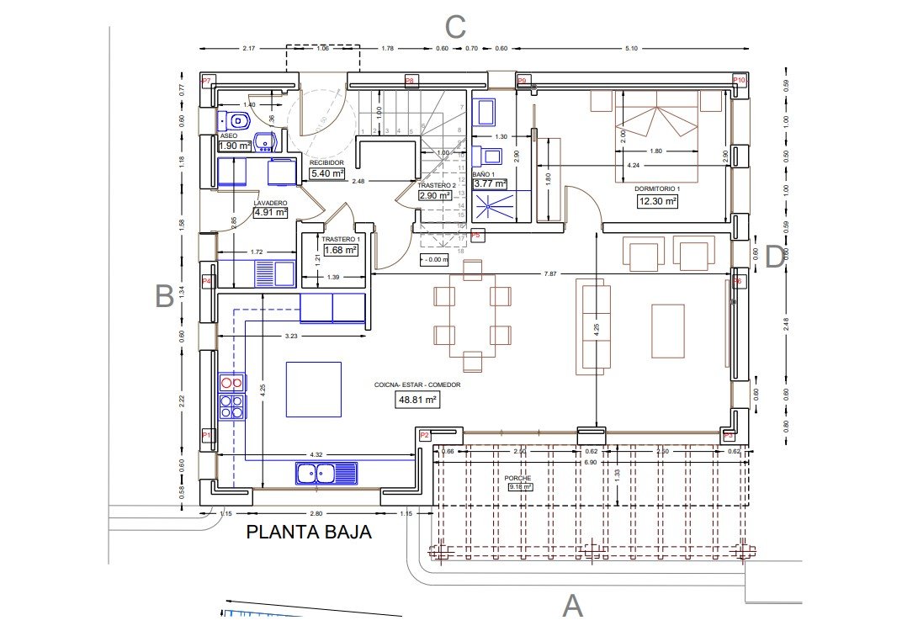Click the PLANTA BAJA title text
click(308, 532)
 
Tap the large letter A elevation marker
click(572, 605)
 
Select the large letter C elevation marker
click(455, 27)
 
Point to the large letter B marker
click(165, 295)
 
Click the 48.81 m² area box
click(417, 400)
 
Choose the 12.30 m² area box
click(658, 201)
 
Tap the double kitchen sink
click(326, 473)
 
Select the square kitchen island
click(313, 389)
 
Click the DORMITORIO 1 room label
click(657, 189)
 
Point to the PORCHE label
click(518, 478)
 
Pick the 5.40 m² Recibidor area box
click(328, 173)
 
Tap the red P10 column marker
click(740, 80)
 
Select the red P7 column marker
click(208, 81)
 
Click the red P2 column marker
click(424, 435)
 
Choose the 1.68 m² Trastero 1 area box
click(341, 249)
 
